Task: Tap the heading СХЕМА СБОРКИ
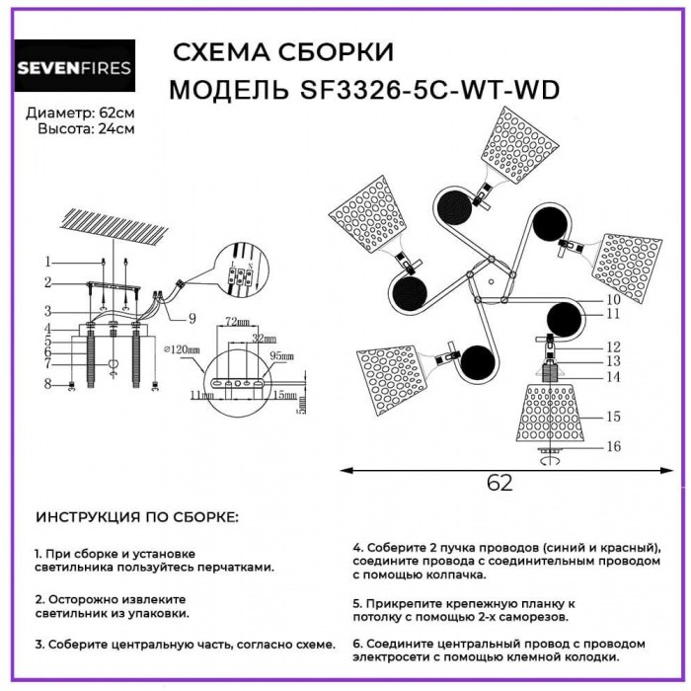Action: [282, 51]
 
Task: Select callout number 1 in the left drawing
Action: [46, 262]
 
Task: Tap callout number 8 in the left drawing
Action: [46, 383]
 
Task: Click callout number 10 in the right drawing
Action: [612, 299]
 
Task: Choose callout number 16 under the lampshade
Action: [613, 447]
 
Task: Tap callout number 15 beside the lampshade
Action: [612, 417]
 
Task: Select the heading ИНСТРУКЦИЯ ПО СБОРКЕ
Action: [137, 517]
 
